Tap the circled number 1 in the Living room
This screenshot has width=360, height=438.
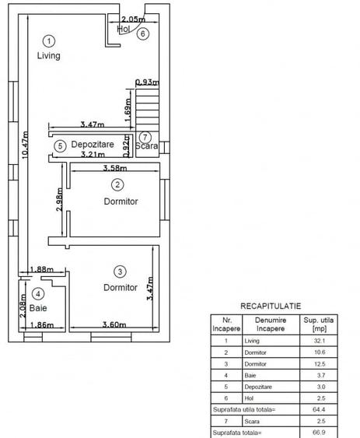48,40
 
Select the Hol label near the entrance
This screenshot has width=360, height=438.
123,30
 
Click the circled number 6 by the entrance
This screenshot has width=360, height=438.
141,33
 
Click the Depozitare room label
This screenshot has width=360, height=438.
93,145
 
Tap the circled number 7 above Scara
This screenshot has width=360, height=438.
145,137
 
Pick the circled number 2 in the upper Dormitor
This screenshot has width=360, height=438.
117,184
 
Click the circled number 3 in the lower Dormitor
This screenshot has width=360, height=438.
119,272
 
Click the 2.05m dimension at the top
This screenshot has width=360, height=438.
133,19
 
